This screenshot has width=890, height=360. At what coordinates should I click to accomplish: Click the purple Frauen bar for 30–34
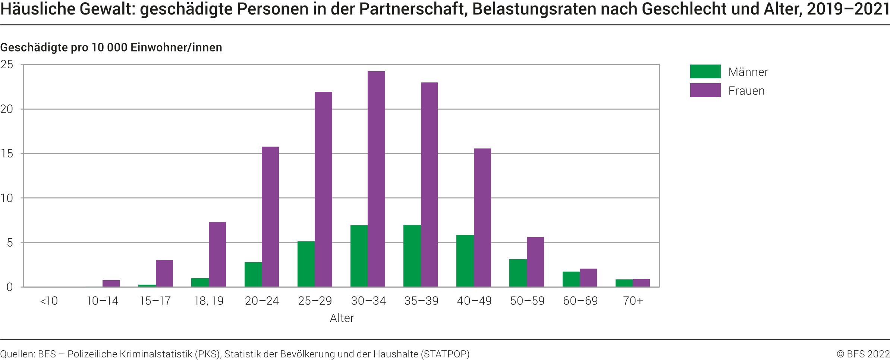point(376,179)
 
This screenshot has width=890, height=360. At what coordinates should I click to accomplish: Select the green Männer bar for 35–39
point(412,256)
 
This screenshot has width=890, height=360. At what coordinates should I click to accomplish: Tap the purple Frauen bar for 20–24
point(270,217)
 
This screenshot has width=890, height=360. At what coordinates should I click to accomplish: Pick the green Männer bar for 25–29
point(306,264)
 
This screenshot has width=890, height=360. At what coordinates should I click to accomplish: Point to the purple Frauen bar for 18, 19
point(217,254)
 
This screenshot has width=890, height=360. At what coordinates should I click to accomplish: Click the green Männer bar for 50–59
point(518,273)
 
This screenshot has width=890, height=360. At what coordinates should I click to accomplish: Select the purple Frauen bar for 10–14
point(111,284)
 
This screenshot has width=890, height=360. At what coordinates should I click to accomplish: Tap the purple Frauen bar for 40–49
point(482,217)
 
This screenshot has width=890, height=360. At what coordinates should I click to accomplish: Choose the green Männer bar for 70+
point(624,283)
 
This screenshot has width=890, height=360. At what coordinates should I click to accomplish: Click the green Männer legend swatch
point(705,72)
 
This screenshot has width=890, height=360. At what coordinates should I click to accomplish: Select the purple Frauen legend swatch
point(705,90)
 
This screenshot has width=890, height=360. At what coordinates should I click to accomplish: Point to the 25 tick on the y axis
point(7,65)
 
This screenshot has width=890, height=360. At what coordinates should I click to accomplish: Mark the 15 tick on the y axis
point(7,154)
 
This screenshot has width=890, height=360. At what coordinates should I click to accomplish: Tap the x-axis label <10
point(49,301)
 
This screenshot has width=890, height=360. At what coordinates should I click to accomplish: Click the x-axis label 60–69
point(580,301)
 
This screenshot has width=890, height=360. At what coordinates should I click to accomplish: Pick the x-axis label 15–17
point(155,301)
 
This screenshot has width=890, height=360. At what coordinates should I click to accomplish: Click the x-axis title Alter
point(342,318)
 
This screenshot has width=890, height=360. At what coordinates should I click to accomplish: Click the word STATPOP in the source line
point(445,354)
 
